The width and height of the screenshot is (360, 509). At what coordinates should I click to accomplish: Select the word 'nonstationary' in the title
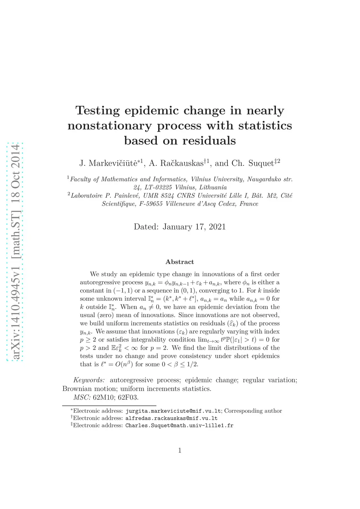pyautogui.click(x=109, y=126)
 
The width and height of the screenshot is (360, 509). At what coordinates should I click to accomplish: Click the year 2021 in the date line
pyautogui.click(x=217, y=227)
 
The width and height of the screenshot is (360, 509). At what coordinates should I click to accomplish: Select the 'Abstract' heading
pyautogui.click(x=180, y=262)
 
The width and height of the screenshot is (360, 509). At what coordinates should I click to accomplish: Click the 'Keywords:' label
pyautogui.click(x=89, y=380)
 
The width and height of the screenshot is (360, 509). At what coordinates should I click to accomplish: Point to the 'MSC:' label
pyautogui.click(x=82, y=397)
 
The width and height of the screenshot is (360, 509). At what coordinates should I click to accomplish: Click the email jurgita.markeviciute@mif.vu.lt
pyautogui.click(x=173, y=411)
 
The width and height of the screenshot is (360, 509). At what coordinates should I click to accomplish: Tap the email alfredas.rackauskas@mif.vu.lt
pyautogui.click(x=172, y=418)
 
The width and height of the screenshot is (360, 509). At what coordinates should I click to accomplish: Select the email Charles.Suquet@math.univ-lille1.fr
pyautogui.click(x=179, y=425)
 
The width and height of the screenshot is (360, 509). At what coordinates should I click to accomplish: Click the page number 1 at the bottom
pyautogui.click(x=180, y=450)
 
